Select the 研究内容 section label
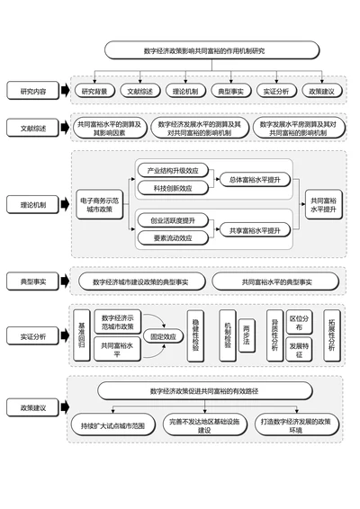(35, 91)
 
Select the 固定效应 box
(163, 335)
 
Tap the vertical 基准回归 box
(82, 335)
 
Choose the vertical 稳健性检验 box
(195, 335)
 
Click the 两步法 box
(246, 336)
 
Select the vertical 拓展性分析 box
(333, 335)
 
